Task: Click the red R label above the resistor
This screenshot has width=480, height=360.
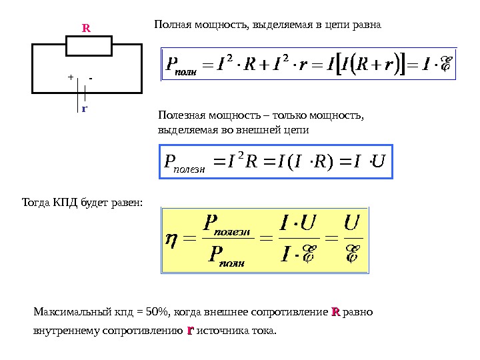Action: click(86, 29)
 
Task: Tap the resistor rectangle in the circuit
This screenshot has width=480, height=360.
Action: click(89, 46)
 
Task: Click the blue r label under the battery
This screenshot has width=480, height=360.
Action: click(85, 107)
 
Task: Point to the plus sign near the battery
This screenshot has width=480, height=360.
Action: click(69, 77)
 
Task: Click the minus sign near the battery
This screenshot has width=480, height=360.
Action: click(90, 77)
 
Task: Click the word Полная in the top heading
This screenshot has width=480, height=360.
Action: click(170, 25)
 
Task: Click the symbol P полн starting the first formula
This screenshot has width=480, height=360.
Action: click(177, 65)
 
